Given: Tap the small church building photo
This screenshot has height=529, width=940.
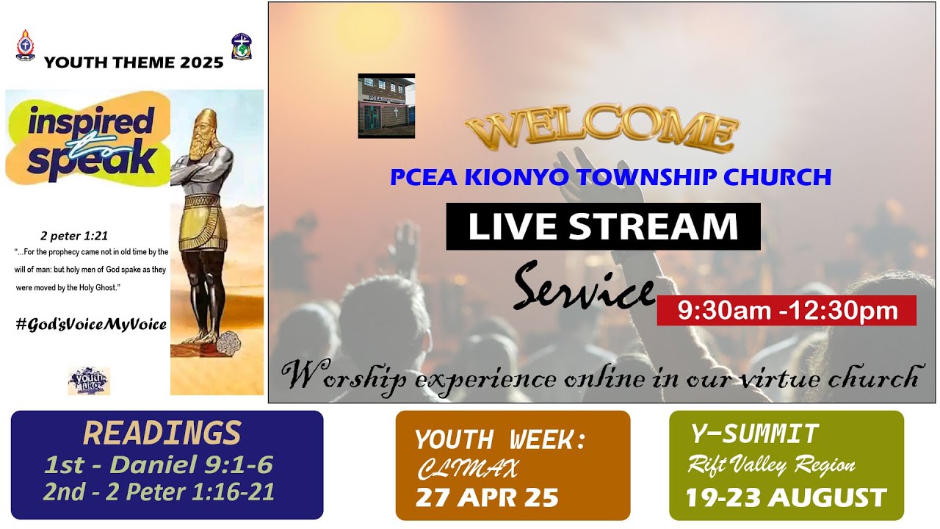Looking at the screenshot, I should pyautogui.click(x=386, y=106).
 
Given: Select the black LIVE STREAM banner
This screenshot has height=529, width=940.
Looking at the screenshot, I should pyautogui.click(x=603, y=226).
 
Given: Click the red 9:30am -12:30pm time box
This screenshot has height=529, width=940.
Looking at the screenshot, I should pyautogui.click(x=787, y=310).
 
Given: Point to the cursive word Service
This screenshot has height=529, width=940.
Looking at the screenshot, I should pyautogui.click(x=583, y=287).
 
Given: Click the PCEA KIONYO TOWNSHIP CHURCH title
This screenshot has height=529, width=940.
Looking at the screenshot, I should pyautogui.click(x=610, y=177).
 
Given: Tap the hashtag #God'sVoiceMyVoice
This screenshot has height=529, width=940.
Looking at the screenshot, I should pyautogui.click(x=91, y=324).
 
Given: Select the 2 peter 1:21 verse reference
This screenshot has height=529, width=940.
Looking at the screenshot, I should pyautogui.click(x=74, y=236).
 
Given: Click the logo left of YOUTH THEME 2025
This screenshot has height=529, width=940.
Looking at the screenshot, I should pyautogui.click(x=25, y=46).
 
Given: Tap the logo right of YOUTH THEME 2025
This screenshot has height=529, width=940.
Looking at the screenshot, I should pyautogui.click(x=241, y=46).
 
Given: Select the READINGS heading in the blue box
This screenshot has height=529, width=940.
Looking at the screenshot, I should pyautogui.click(x=162, y=433).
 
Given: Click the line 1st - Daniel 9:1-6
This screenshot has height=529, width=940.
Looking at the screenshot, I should pyautogui.click(x=159, y=465).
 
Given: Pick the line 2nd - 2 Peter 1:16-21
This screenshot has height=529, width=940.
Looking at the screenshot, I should pyautogui.click(x=159, y=492).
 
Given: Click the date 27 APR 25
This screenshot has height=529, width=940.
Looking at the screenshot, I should pyautogui.click(x=487, y=497).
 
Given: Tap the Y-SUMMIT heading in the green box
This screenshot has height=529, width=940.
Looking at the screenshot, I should pyautogui.click(x=754, y=434).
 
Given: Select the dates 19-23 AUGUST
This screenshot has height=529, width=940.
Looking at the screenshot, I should pyautogui.click(x=786, y=497).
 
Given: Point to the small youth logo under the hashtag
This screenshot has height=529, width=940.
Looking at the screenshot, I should pyautogui.click(x=89, y=381).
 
